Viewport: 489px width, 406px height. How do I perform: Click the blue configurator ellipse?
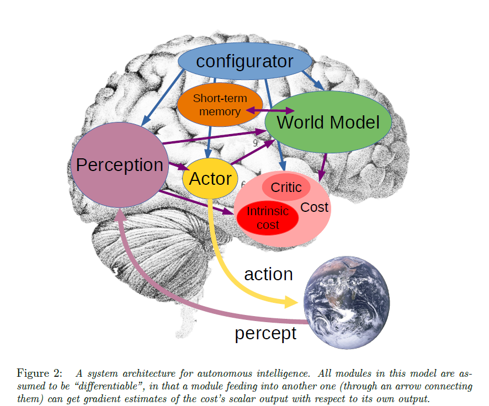[244, 61]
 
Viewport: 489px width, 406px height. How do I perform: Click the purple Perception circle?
[120, 165]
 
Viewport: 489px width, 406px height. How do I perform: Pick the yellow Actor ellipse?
[210, 179]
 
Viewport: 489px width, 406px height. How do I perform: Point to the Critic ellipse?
[286, 188]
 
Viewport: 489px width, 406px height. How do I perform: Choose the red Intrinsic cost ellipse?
[268, 217]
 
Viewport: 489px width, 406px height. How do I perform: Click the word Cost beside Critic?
[315, 207]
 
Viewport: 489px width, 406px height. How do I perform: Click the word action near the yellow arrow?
[268, 274]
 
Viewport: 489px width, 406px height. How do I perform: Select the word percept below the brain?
[265, 333]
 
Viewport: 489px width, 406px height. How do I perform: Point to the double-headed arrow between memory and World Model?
[262, 111]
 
